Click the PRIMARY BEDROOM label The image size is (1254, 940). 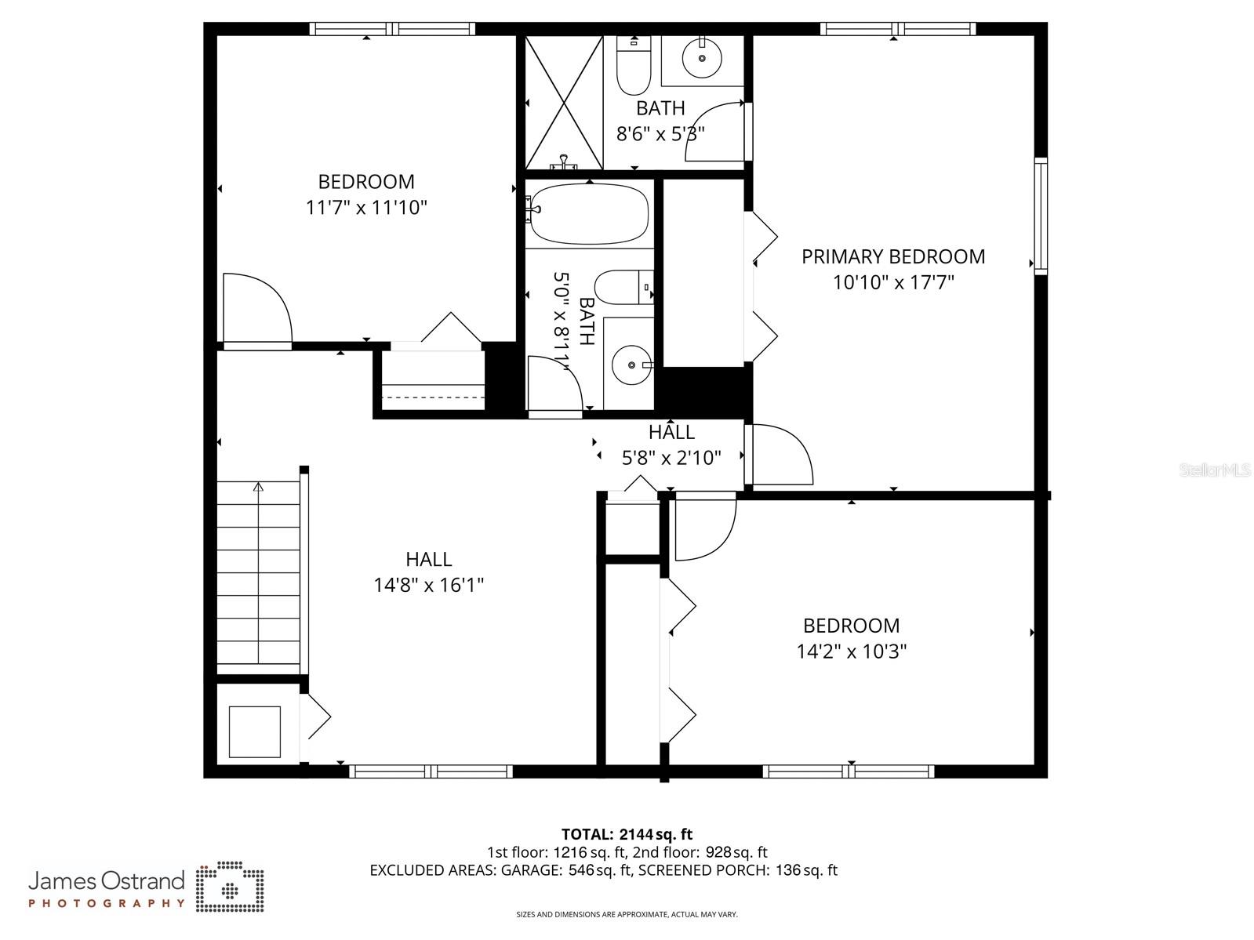(892, 256)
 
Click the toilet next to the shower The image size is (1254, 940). (633, 66)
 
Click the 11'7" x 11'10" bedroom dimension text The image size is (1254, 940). (366, 208)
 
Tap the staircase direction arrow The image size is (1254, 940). (259, 488)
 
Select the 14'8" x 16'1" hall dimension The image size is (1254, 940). (428, 585)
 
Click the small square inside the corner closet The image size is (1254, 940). (254, 731)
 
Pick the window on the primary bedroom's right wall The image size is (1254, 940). (1040, 215)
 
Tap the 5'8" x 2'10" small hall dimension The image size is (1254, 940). (671, 458)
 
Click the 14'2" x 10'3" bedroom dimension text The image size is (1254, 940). (852, 651)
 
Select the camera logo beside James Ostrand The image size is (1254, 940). (230, 887)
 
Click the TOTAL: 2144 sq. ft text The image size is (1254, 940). (627, 834)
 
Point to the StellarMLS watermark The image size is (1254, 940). (1215, 470)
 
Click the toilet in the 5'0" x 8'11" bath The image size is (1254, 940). (623, 288)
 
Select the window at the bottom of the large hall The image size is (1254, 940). (431, 771)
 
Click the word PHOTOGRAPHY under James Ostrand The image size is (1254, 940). (107, 903)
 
